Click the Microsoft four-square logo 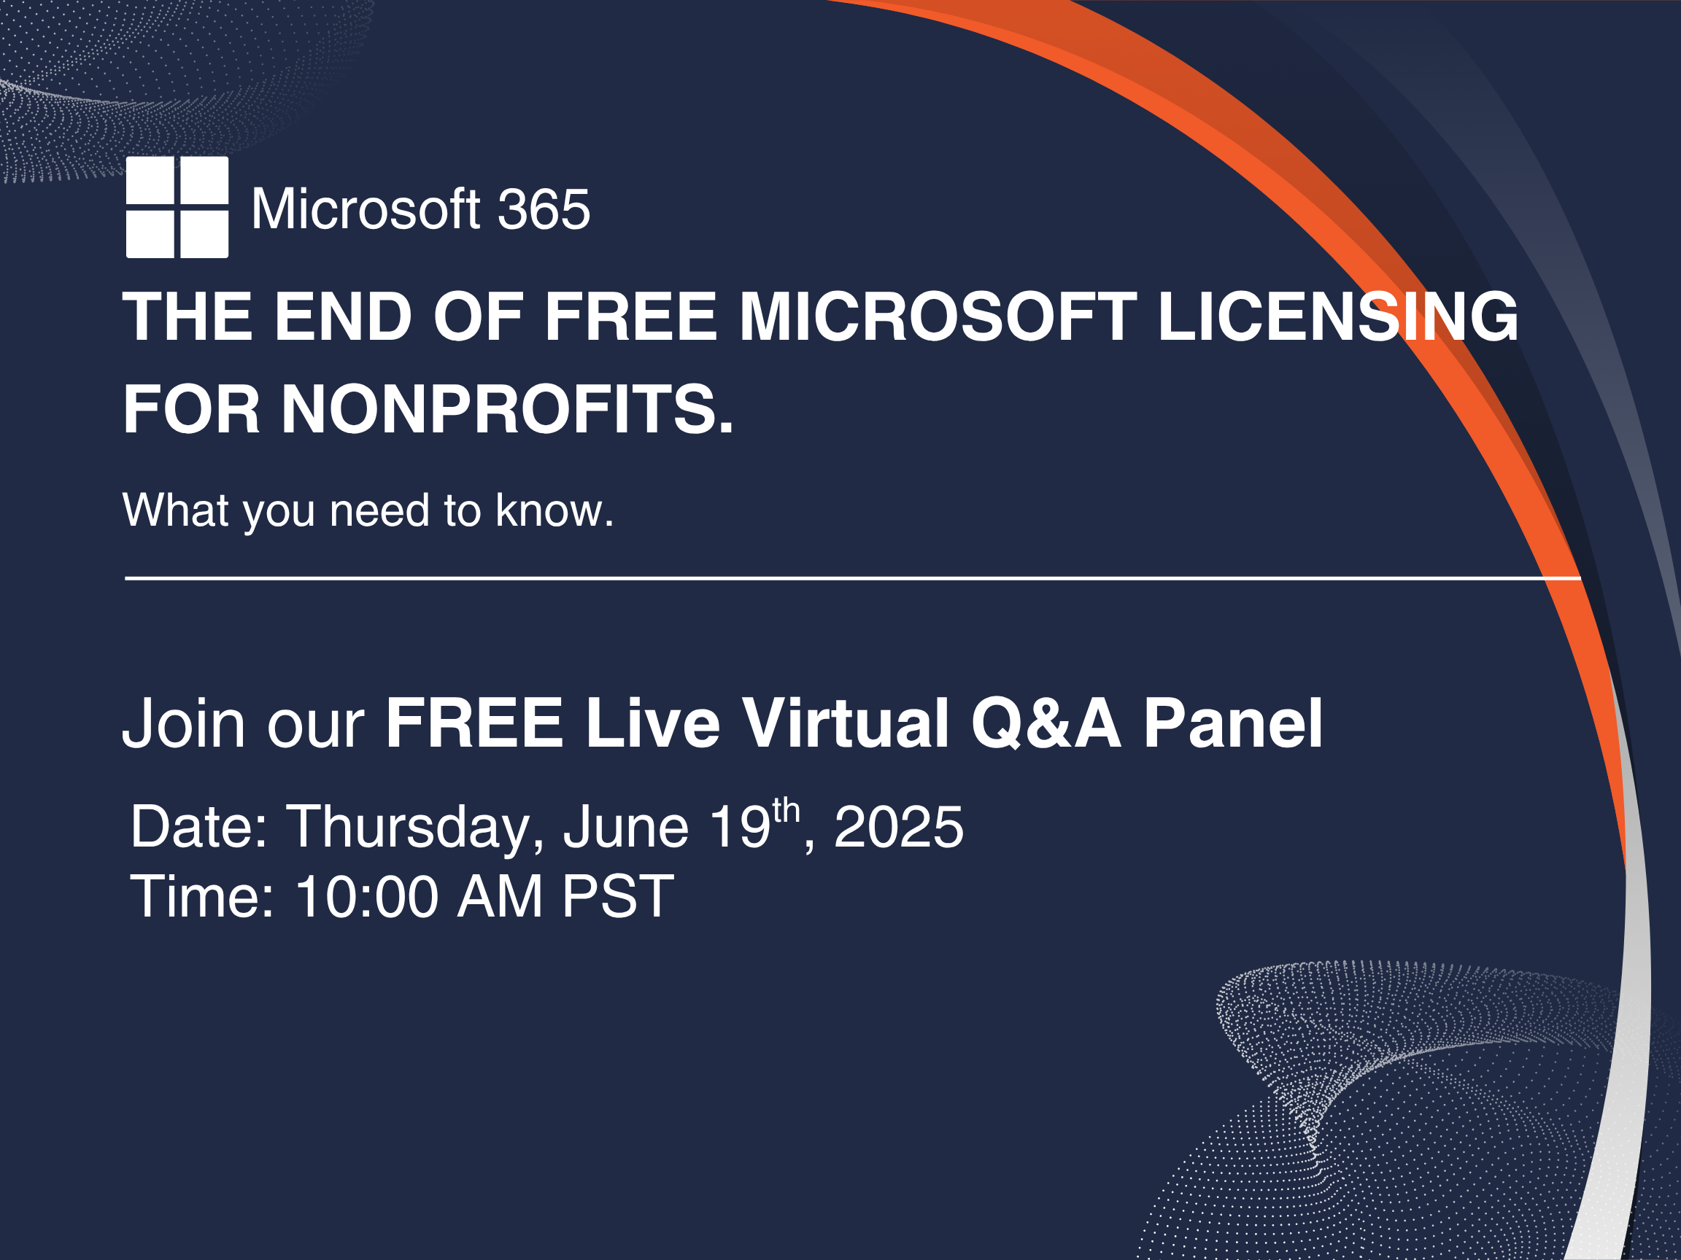(177, 207)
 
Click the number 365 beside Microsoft (544, 209)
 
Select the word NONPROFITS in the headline (507, 409)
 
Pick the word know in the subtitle (554, 510)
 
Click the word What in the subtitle (176, 510)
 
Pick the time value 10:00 (367, 897)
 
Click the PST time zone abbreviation (618, 897)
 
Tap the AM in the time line (500, 897)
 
